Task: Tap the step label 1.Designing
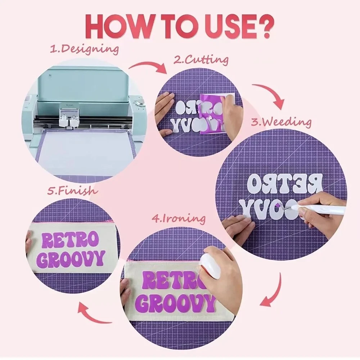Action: coord(85,49)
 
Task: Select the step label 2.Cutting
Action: coord(201,60)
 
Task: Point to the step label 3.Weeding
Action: coord(281,122)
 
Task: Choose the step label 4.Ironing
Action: coord(179,219)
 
